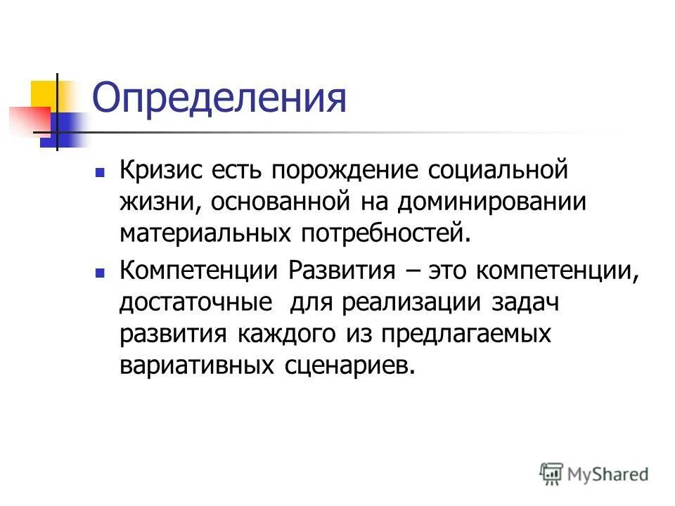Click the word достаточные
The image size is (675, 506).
[x=196, y=303]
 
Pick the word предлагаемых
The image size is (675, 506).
[x=465, y=335]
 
